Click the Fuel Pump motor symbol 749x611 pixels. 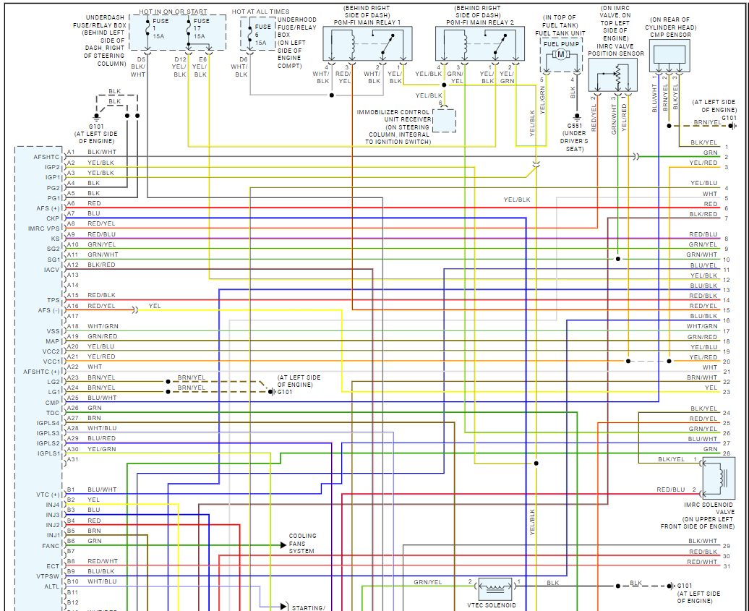[x=560, y=55]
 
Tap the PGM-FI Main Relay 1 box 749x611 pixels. [x=367, y=44]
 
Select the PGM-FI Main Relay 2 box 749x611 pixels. [x=479, y=44]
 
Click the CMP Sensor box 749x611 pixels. [x=669, y=55]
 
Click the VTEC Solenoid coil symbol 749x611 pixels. [x=495, y=586]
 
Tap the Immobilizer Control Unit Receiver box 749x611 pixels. [x=445, y=120]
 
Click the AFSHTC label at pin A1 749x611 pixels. [x=46, y=156]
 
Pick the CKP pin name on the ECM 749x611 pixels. [x=53, y=218]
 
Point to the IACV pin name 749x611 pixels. [x=51, y=270]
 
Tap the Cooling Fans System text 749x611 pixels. [x=302, y=544]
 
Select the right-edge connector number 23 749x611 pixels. [x=726, y=392]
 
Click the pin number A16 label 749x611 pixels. [x=72, y=306]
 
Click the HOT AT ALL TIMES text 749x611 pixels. [x=260, y=12]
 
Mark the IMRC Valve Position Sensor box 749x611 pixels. [x=615, y=74]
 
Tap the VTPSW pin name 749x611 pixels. [x=48, y=576]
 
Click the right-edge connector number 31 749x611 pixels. [x=726, y=566]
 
